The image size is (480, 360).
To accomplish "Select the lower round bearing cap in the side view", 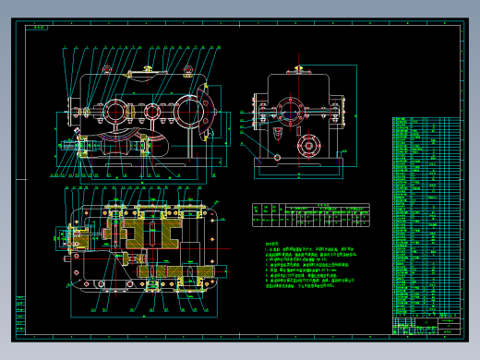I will [307, 145].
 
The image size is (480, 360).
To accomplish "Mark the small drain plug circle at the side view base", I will [276, 159].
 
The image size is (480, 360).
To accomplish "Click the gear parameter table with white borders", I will [311, 214].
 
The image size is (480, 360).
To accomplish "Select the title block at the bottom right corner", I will [426, 326].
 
